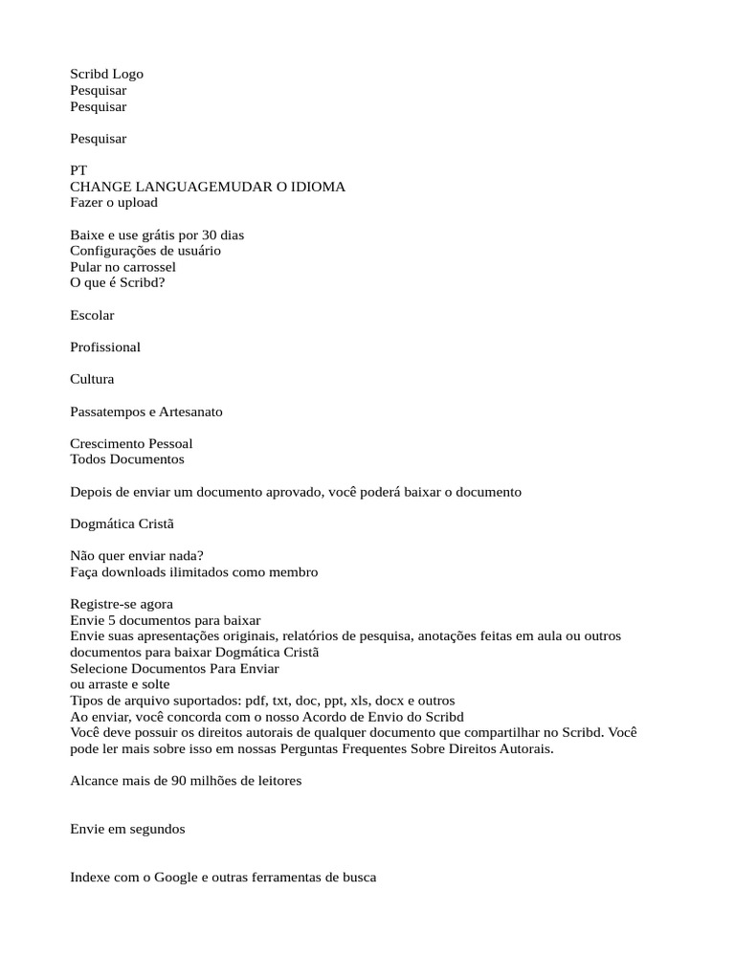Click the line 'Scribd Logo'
[x=106, y=74]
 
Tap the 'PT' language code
[x=78, y=170]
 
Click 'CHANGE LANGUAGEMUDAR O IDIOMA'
[x=208, y=187]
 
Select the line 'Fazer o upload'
[x=114, y=203]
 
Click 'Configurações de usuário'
[x=145, y=251]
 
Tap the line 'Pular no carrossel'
[x=122, y=267]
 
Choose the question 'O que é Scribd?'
[x=117, y=283]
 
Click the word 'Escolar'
[x=92, y=315]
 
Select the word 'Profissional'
[x=105, y=347]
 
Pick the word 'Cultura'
[x=92, y=379]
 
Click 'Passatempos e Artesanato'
[x=146, y=412]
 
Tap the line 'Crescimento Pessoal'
[x=131, y=443]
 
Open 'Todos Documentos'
[x=127, y=459]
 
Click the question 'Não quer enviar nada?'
[x=137, y=556]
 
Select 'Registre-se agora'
[x=122, y=605]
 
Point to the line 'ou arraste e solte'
[x=120, y=685]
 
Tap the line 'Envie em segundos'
[x=127, y=830]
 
